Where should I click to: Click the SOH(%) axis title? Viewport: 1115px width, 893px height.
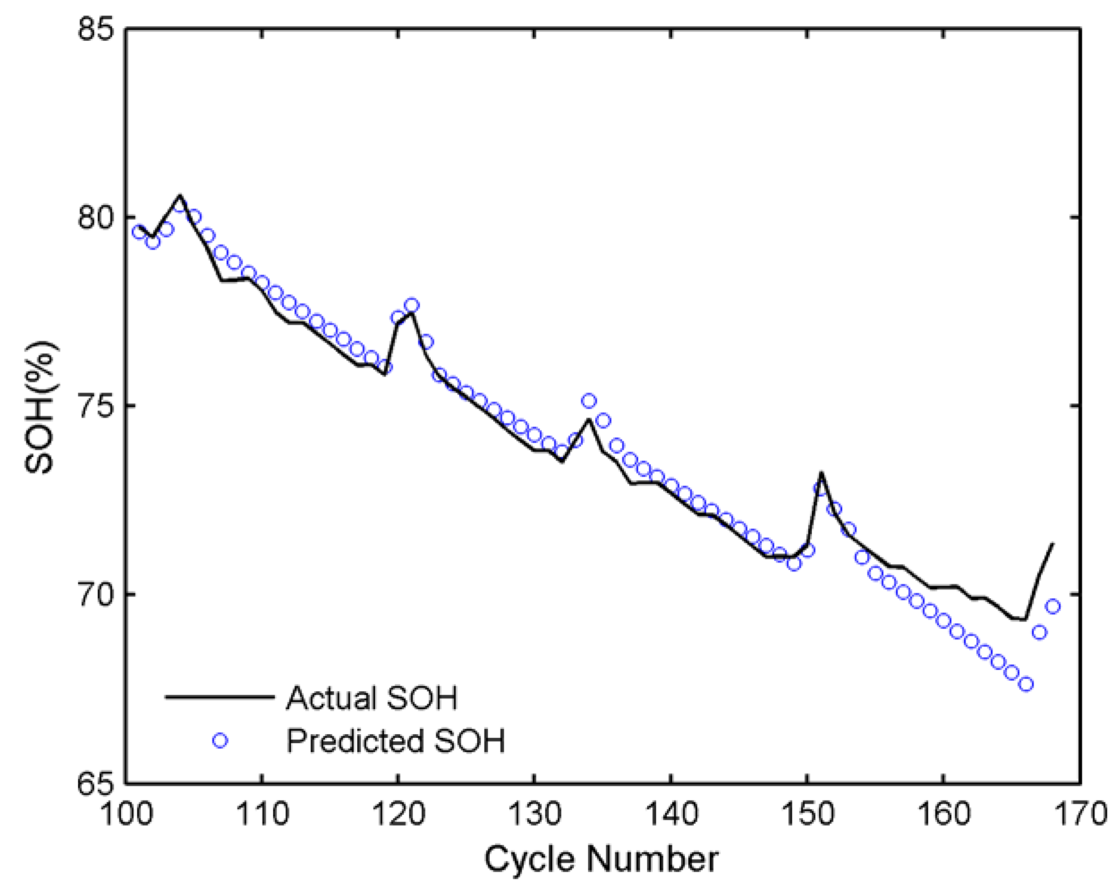(40, 406)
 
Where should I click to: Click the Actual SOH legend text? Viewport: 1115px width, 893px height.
(372, 698)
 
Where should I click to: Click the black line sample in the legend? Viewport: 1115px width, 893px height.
(220, 698)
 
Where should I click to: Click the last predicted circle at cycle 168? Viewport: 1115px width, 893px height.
(1053, 606)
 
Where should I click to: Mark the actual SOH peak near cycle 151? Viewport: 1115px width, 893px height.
(821, 473)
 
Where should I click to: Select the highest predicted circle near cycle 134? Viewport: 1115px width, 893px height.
(589, 401)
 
